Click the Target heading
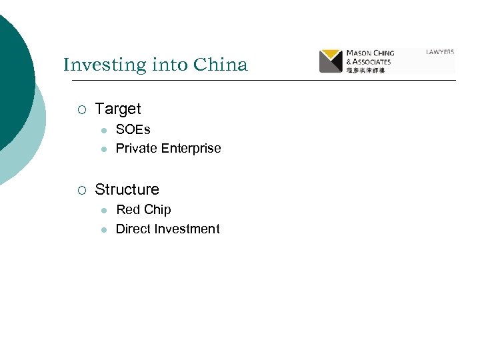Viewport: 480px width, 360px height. [x=118, y=109]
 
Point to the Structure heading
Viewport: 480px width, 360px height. [x=127, y=189]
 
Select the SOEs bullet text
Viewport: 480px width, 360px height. [x=133, y=129]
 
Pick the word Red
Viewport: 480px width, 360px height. [x=128, y=209]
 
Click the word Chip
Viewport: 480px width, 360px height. [x=157, y=209]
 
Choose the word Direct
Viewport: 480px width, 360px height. [x=133, y=229]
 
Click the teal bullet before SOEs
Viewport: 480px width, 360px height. [x=104, y=130]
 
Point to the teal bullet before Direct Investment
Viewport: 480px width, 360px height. [x=104, y=229]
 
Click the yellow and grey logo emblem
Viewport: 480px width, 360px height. [x=331, y=61]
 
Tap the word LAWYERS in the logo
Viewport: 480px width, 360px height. [x=440, y=51]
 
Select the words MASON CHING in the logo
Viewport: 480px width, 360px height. [x=370, y=53]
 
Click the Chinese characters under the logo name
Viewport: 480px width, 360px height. [x=366, y=69]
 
